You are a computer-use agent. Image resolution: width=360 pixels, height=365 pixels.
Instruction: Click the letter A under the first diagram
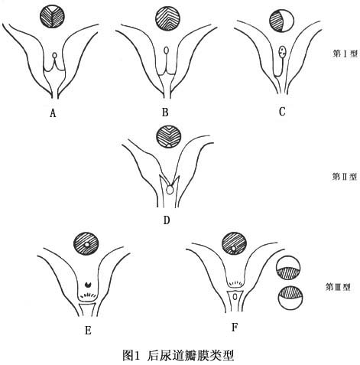pos(53,112)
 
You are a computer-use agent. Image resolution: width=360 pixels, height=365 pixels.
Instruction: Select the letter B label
pos(165,112)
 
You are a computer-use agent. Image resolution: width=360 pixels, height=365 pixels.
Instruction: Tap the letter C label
pos(282,112)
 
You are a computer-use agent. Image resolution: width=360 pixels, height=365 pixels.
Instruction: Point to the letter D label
pos(167,220)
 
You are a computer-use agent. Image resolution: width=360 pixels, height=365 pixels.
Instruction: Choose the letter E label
pos(88,331)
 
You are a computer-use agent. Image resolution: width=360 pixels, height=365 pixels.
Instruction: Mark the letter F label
pos(235,328)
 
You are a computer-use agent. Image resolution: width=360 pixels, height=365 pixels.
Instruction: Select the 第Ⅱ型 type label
pos(345,177)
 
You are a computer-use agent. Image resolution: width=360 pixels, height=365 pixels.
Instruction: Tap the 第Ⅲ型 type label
pos(338,287)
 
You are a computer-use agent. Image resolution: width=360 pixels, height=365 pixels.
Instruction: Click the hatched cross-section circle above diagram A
pos(52,17)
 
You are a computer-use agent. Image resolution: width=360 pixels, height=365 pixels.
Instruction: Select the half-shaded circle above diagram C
pos(281,21)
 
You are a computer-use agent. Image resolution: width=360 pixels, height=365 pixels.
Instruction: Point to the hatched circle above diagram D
pos(169,137)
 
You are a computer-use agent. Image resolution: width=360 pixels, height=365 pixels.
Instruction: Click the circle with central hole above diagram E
pos(86,244)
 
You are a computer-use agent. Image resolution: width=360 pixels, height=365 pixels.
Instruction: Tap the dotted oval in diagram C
pos(282,52)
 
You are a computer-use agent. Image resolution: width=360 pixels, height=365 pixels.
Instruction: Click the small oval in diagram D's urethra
pos(170,190)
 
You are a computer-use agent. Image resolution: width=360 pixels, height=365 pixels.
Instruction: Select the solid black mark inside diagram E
pos(88,284)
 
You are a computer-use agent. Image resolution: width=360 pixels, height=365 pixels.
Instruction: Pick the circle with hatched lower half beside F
pos(288,268)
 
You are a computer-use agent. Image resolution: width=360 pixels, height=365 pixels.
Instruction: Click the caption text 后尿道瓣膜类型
pos(190,356)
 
